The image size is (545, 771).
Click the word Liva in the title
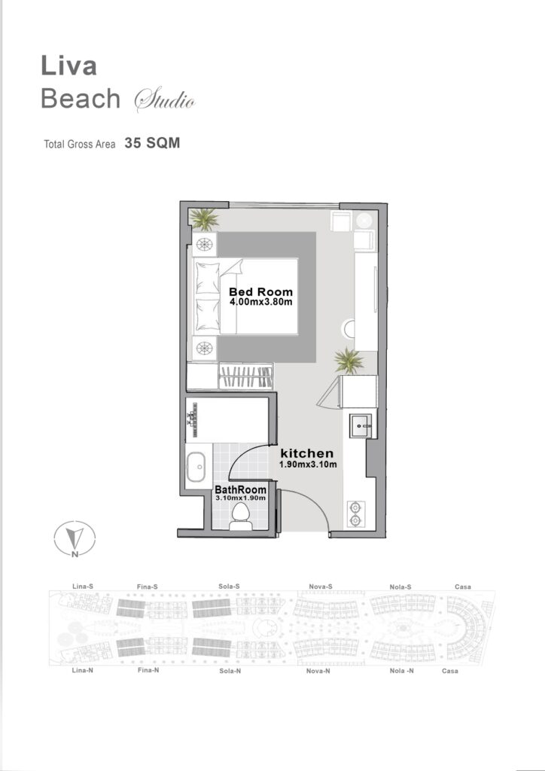(69, 66)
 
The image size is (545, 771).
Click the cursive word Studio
(165, 100)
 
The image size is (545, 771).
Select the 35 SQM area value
(152, 143)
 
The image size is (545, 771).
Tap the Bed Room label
(260, 291)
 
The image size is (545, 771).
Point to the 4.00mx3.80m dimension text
(261, 301)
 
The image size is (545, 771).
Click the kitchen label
(306, 453)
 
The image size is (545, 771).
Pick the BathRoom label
(241, 489)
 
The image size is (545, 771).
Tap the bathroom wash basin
(196, 467)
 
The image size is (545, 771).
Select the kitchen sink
(362, 425)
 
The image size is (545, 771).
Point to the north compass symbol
(75, 539)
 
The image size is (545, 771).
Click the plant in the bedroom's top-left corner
(204, 219)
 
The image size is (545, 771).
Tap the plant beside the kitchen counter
(349, 361)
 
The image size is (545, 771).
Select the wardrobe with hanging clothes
(245, 376)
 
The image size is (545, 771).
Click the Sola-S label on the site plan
(229, 586)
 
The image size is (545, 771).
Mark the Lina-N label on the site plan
(83, 670)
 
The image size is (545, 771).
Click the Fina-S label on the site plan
(148, 587)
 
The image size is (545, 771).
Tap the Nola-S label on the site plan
(400, 587)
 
